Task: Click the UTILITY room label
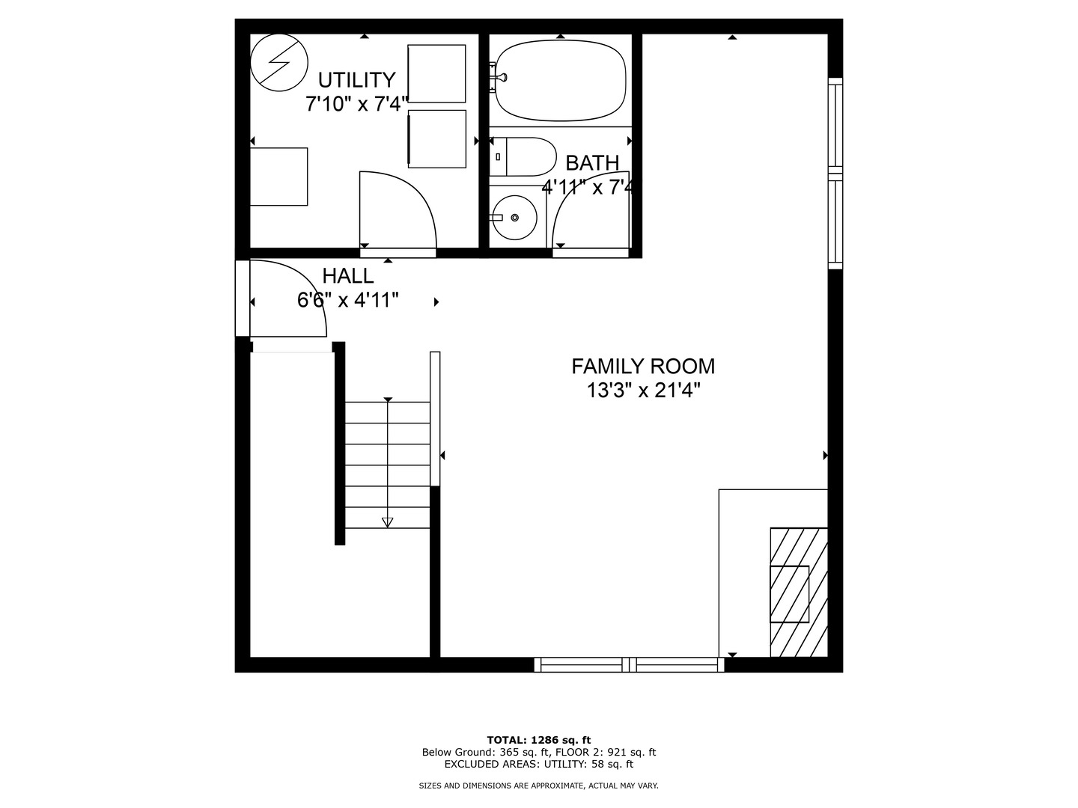pyautogui.click(x=356, y=80)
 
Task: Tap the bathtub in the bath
pyautogui.click(x=561, y=80)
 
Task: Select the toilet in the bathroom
pyautogui.click(x=524, y=156)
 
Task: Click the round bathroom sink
pyautogui.click(x=514, y=218)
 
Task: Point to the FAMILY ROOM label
pyautogui.click(x=643, y=367)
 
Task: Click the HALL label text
pyautogui.click(x=347, y=276)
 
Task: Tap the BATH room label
pyautogui.click(x=592, y=163)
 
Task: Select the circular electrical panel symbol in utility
pyautogui.click(x=278, y=63)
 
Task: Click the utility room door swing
pyautogui.click(x=398, y=209)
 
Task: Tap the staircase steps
pyautogui.click(x=387, y=464)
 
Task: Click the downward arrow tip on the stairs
pyautogui.click(x=387, y=523)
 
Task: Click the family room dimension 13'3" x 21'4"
pyautogui.click(x=643, y=391)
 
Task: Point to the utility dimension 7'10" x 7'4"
pyautogui.click(x=356, y=104)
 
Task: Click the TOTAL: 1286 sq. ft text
pyautogui.click(x=538, y=740)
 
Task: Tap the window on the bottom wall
pyautogui.click(x=629, y=664)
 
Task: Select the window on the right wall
pyautogui.click(x=835, y=174)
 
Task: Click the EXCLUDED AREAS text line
pyautogui.click(x=538, y=765)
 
